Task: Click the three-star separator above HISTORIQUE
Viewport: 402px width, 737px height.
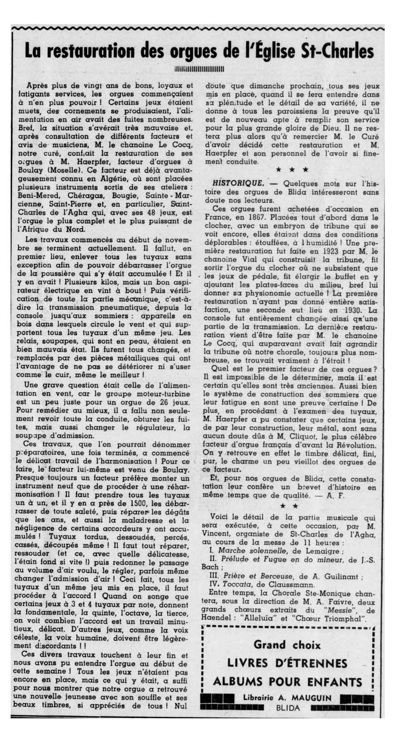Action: [292, 170]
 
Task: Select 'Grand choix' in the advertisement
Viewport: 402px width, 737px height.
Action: [287, 645]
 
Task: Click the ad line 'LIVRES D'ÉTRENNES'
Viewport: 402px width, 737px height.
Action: [287, 663]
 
